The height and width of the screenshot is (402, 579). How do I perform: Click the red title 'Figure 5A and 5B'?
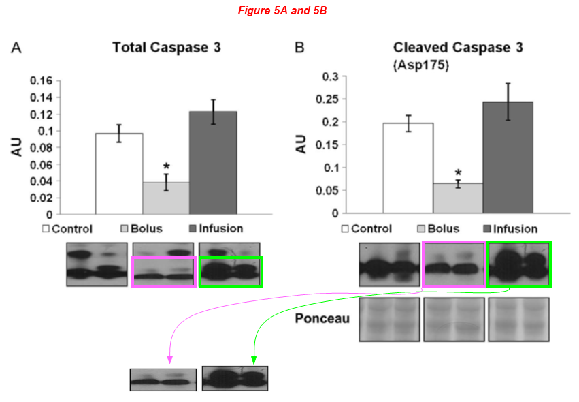click(x=282, y=11)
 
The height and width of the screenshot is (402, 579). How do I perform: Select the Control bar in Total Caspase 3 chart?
click(x=119, y=174)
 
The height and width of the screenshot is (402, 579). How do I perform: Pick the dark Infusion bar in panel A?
click(x=212, y=163)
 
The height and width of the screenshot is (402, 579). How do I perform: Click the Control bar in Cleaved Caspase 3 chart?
click(x=408, y=168)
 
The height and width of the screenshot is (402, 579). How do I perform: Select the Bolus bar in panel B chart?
click(x=457, y=198)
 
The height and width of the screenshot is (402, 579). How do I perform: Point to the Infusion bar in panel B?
click(x=508, y=157)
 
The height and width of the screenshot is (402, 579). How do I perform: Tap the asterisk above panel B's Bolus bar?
click(x=458, y=174)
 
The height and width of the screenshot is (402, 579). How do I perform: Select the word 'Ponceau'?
click(x=322, y=318)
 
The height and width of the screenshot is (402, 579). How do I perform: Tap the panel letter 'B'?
click(x=299, y=48)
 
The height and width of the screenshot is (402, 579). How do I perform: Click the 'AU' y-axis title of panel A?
click(x=18, y=148)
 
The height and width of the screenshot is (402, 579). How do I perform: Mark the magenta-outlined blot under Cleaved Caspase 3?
click(x=454, y=264)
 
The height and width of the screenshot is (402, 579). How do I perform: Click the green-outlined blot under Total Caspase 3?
click(x=231, y=271)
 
